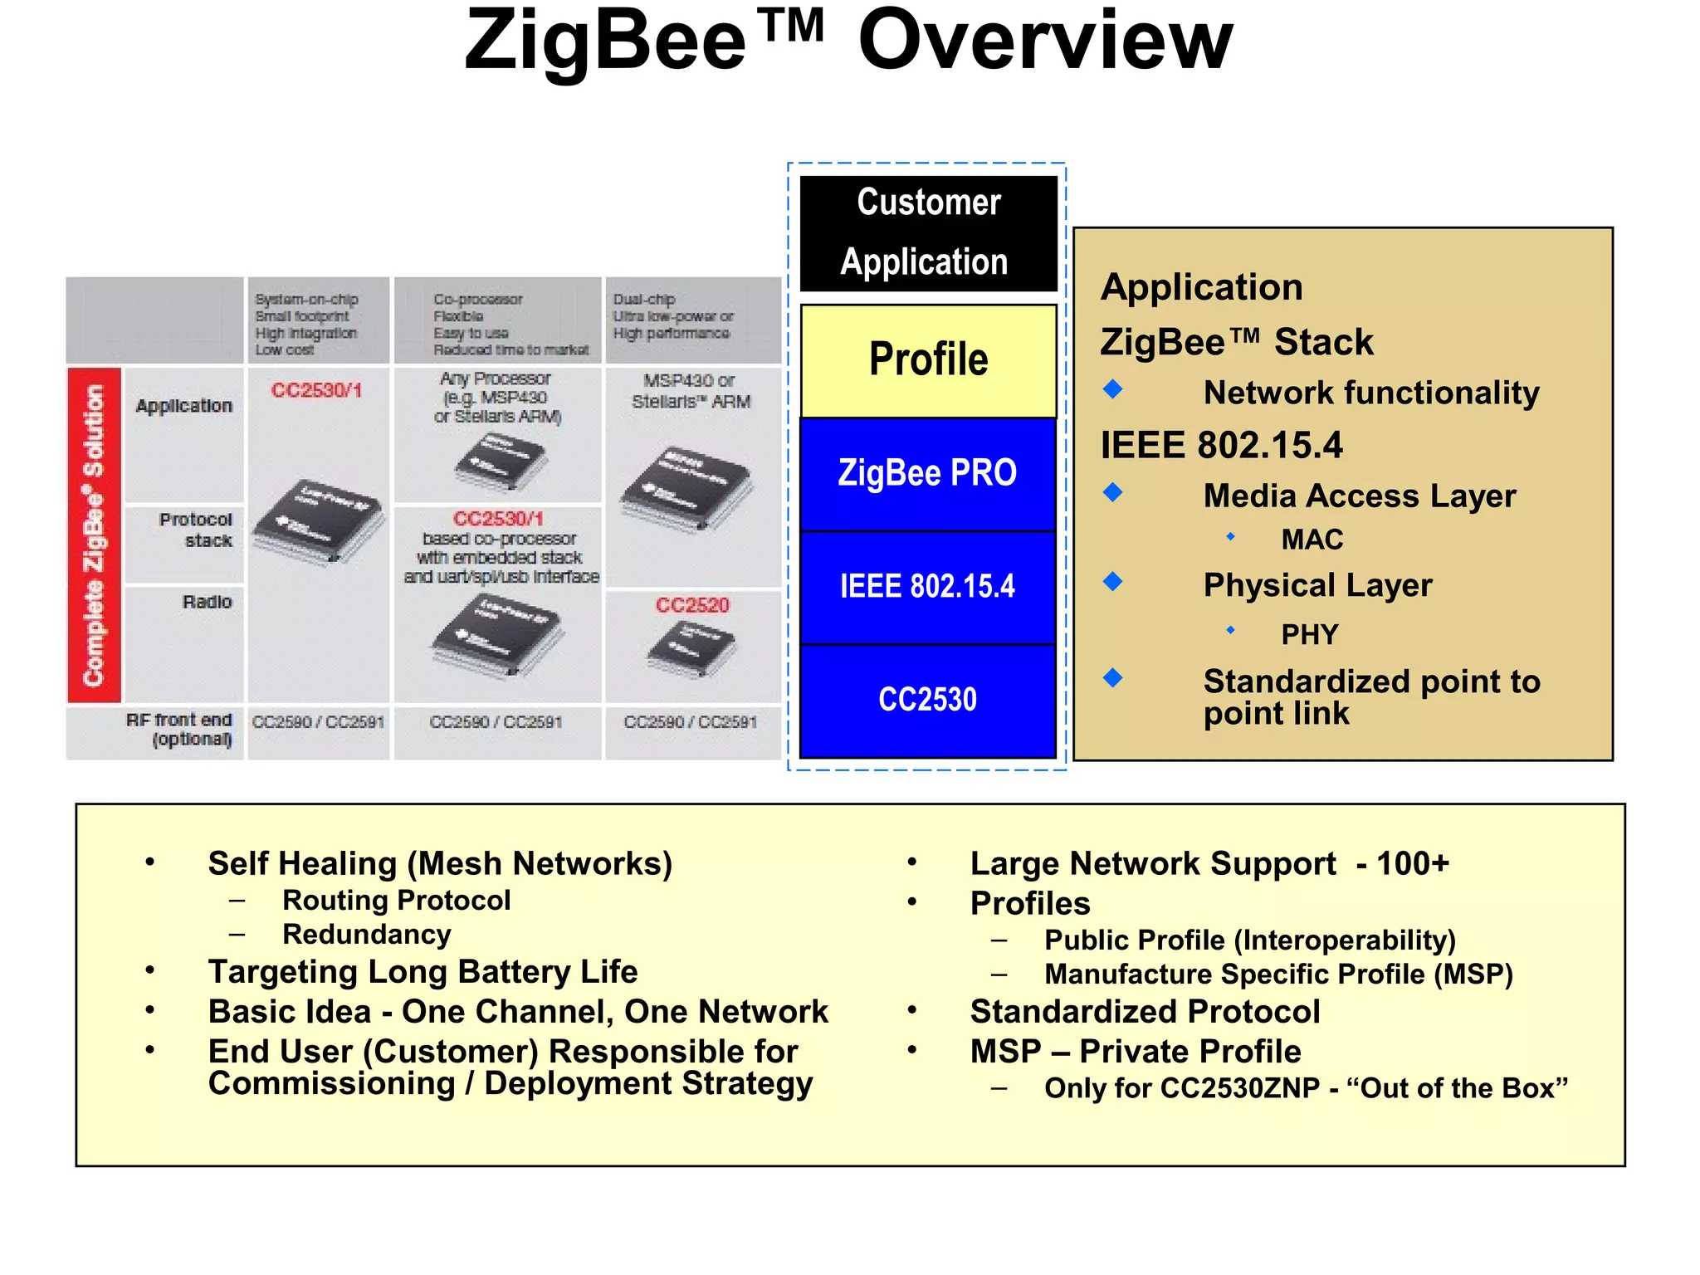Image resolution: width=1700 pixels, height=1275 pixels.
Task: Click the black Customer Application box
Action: coord(928,233)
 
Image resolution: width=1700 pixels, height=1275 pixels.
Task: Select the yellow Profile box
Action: coord(928,360)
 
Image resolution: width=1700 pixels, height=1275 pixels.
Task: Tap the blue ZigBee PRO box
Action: coord(928,473)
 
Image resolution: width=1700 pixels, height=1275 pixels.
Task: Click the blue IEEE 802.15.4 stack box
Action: coord(928,587)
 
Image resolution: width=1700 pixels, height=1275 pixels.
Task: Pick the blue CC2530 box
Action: coord(928,700)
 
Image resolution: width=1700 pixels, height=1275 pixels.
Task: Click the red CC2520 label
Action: coord(692,605)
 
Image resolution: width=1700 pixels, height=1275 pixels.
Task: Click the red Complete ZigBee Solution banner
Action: coord(94,535)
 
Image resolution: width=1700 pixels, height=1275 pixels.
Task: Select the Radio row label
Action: coord(207,602)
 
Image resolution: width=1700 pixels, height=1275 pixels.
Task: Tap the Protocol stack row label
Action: coord(197,530)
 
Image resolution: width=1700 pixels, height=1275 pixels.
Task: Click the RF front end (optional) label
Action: coord(180,730)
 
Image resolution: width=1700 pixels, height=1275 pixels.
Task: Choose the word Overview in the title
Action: coord(1045,42)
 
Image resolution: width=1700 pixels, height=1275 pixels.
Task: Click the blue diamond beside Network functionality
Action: coord(1113,388)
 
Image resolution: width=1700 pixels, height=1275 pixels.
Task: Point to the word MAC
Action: coord(1312,540)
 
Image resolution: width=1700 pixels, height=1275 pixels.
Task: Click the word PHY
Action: coord(1310,635)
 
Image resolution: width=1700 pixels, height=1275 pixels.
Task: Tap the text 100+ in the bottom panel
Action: coord(1413,863)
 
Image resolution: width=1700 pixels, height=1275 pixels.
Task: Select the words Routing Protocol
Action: coord(396,901)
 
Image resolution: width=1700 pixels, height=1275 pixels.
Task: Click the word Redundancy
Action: coord(367,935)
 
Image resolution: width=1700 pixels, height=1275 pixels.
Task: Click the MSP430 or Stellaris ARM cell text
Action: coord(691,391)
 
